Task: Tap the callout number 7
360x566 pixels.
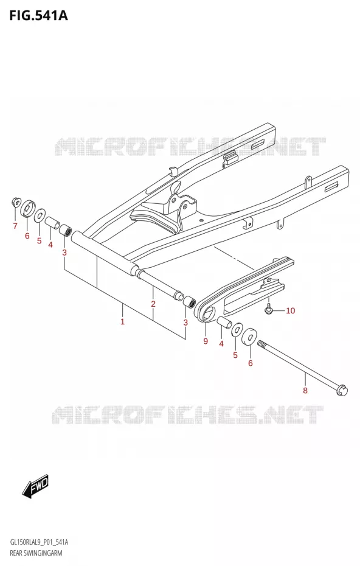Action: (x=15, y=226)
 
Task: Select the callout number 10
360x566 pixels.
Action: (x=290, y=310)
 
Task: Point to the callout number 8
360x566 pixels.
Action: (x=305, y=390)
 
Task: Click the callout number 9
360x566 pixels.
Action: (x=206, y=341)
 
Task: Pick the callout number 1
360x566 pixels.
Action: (x=123, y=321)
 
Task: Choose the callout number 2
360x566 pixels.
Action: (x=153, y=304)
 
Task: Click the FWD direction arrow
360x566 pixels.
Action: (x=35, y=486)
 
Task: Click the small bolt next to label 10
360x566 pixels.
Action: (x=268, y=309)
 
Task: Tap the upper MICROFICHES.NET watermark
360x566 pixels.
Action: (x=190, y=147)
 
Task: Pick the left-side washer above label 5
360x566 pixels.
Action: (x=40, y=215)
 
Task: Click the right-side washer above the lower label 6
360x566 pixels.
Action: (x=249, y=337)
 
